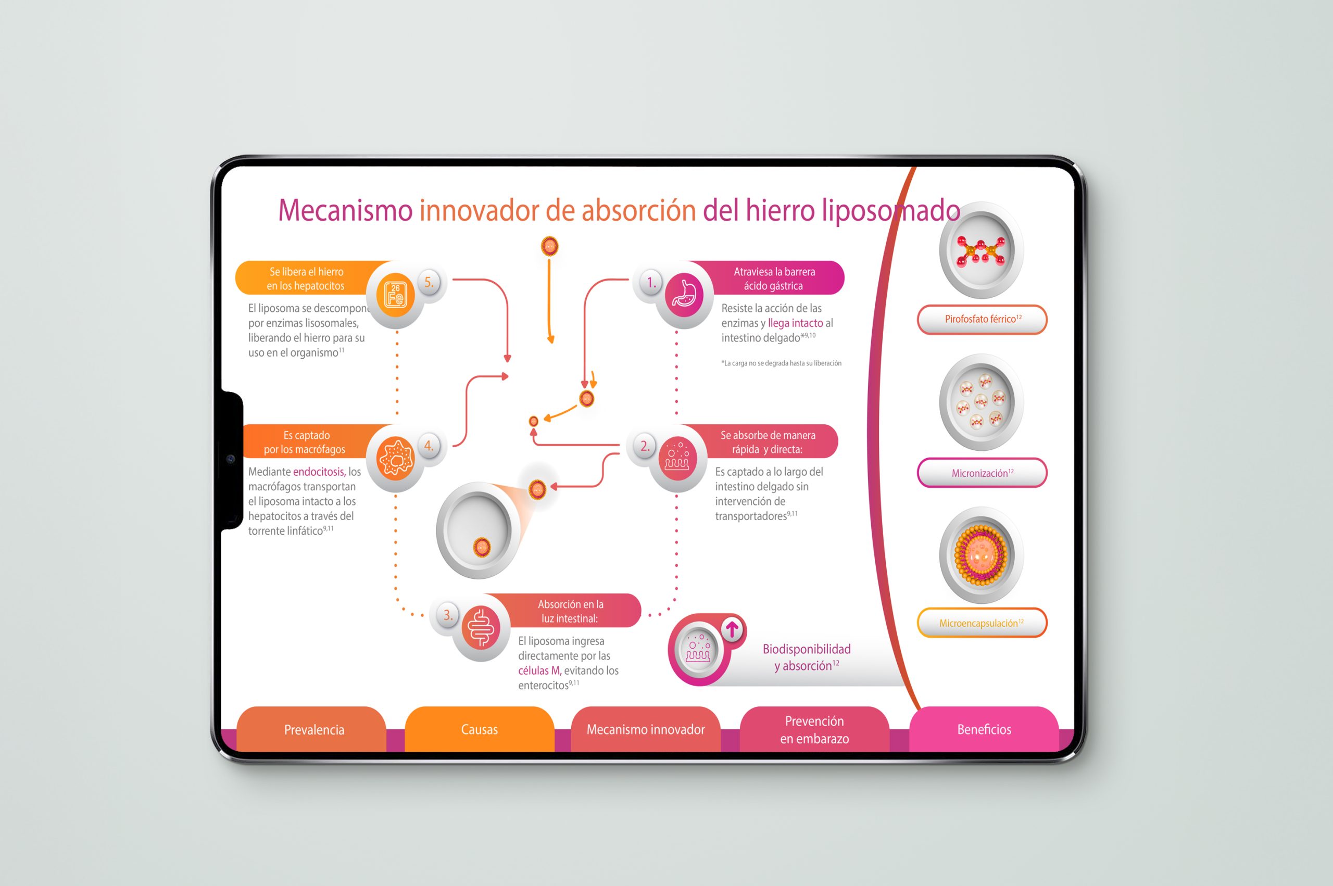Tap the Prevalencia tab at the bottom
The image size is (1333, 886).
(313, 729)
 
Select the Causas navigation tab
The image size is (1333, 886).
(479, 729)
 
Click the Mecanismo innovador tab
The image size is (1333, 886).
(645, 729)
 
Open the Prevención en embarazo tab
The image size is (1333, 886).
(814, 729)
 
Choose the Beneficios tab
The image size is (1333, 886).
(984, 729)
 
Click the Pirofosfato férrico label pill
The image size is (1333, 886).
(982, 319)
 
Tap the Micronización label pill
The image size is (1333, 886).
(982, 473)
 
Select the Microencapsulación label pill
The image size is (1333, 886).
(982, 623)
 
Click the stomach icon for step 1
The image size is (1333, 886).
(684, 295)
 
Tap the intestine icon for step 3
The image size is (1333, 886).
(481, 628)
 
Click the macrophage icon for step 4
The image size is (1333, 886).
(396, 458)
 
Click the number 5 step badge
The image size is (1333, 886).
(430, 283)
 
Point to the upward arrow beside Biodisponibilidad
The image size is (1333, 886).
(732, 629)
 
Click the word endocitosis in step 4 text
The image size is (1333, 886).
(318, 472)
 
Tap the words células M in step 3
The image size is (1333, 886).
(538, 670)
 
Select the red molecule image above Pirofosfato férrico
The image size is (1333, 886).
(980, 251)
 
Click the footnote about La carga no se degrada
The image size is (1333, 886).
(781, 363)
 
